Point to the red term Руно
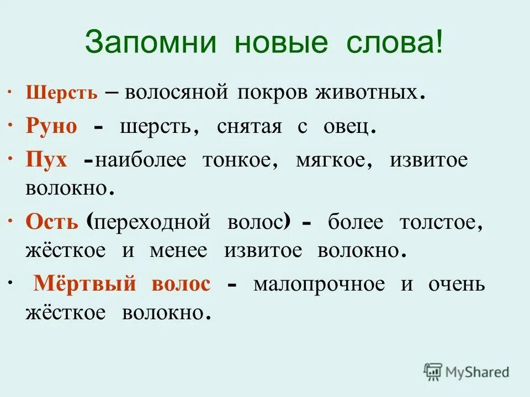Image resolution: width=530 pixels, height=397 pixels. coord(51,126)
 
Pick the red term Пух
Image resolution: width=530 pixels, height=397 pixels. coord(46,160)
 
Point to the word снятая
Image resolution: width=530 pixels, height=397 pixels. coord(250,126)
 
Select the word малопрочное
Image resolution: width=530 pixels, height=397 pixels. coord(319,284)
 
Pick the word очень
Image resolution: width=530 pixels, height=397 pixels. coord(457,284)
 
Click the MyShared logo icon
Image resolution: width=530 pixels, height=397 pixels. coord(433,372)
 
